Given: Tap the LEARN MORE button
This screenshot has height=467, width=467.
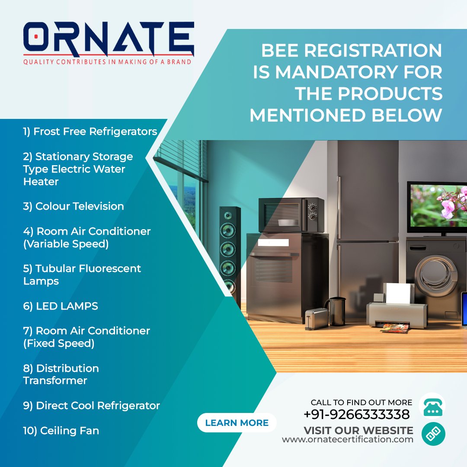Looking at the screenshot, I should [237, 423].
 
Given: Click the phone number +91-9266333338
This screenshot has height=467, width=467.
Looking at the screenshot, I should [356, 415].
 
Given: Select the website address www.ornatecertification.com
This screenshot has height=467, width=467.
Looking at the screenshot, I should [347, 439].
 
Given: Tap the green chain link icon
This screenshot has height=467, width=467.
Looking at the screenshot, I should [433, 434].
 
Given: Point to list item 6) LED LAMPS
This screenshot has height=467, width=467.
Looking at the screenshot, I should [61, 306].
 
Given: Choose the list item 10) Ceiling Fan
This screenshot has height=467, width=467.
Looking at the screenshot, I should [61, 431].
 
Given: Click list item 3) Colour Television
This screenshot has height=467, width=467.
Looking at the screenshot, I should [74, 206].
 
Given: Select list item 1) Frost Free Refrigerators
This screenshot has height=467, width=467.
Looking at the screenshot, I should [90, 131].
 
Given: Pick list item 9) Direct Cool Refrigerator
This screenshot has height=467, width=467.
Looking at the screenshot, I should [91, 406].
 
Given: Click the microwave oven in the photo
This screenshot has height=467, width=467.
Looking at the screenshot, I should [291, 214].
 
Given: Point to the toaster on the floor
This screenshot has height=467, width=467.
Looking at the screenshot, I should [316, 319].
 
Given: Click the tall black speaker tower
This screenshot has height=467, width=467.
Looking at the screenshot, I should [229, 255].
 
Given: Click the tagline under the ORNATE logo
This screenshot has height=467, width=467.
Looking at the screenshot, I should [107, 62].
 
